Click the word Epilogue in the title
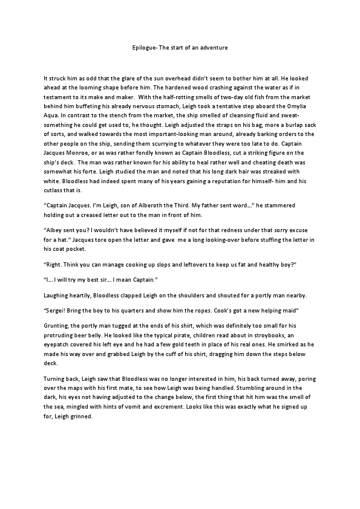144,46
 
